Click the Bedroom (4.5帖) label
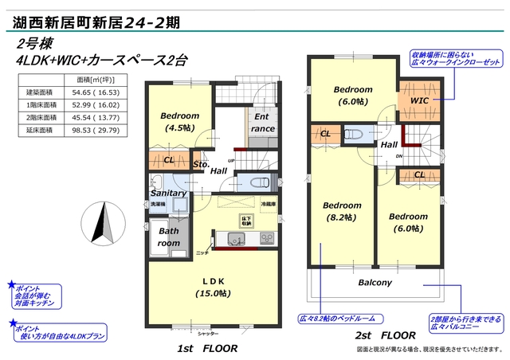coord(179,122)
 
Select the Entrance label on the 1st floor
coord(263,123)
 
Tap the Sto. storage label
coord(200,164)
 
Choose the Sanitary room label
coord(168,193)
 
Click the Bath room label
coord(168,237)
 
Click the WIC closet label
coord(419,101)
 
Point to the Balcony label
coord(374,282)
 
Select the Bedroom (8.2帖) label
coord(343,210)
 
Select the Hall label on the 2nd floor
coord(389,144)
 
